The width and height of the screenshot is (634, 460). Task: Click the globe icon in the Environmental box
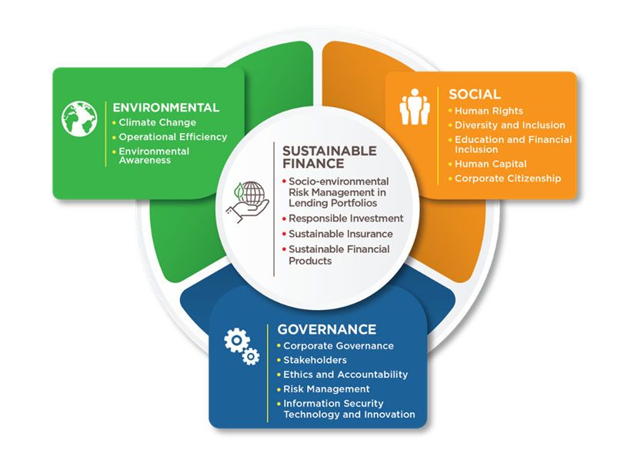[79, 118]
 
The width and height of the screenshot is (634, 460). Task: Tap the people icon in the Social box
[415, 107]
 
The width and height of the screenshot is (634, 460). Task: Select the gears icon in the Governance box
[242, 346]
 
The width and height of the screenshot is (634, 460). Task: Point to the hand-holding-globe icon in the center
[248, 202]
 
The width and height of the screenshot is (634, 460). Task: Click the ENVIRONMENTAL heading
[165, 108]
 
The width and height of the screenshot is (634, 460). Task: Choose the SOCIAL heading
[475, 94]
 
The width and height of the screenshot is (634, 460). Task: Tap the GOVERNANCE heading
[327, 329]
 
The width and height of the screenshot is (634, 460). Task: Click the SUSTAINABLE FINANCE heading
[329, 157]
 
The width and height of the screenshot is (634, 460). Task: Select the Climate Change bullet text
[157, 122]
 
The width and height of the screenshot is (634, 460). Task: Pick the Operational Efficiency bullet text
[172, 137]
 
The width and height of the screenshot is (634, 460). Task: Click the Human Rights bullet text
[489, 111]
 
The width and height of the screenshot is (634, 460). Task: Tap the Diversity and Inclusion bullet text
[510, 125]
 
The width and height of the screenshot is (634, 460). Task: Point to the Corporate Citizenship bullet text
[508, 178]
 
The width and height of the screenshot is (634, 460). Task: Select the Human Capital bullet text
[490, 164]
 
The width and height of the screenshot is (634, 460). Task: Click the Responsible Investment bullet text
[345, 218]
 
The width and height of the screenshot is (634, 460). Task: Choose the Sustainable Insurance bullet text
[340, 234]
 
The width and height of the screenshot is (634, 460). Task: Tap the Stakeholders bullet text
[315, 360]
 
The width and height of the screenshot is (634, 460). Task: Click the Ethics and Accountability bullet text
[345, 375]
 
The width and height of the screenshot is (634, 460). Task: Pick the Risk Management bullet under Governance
[326, 389]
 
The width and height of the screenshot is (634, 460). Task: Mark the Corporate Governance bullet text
[339, 345]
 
